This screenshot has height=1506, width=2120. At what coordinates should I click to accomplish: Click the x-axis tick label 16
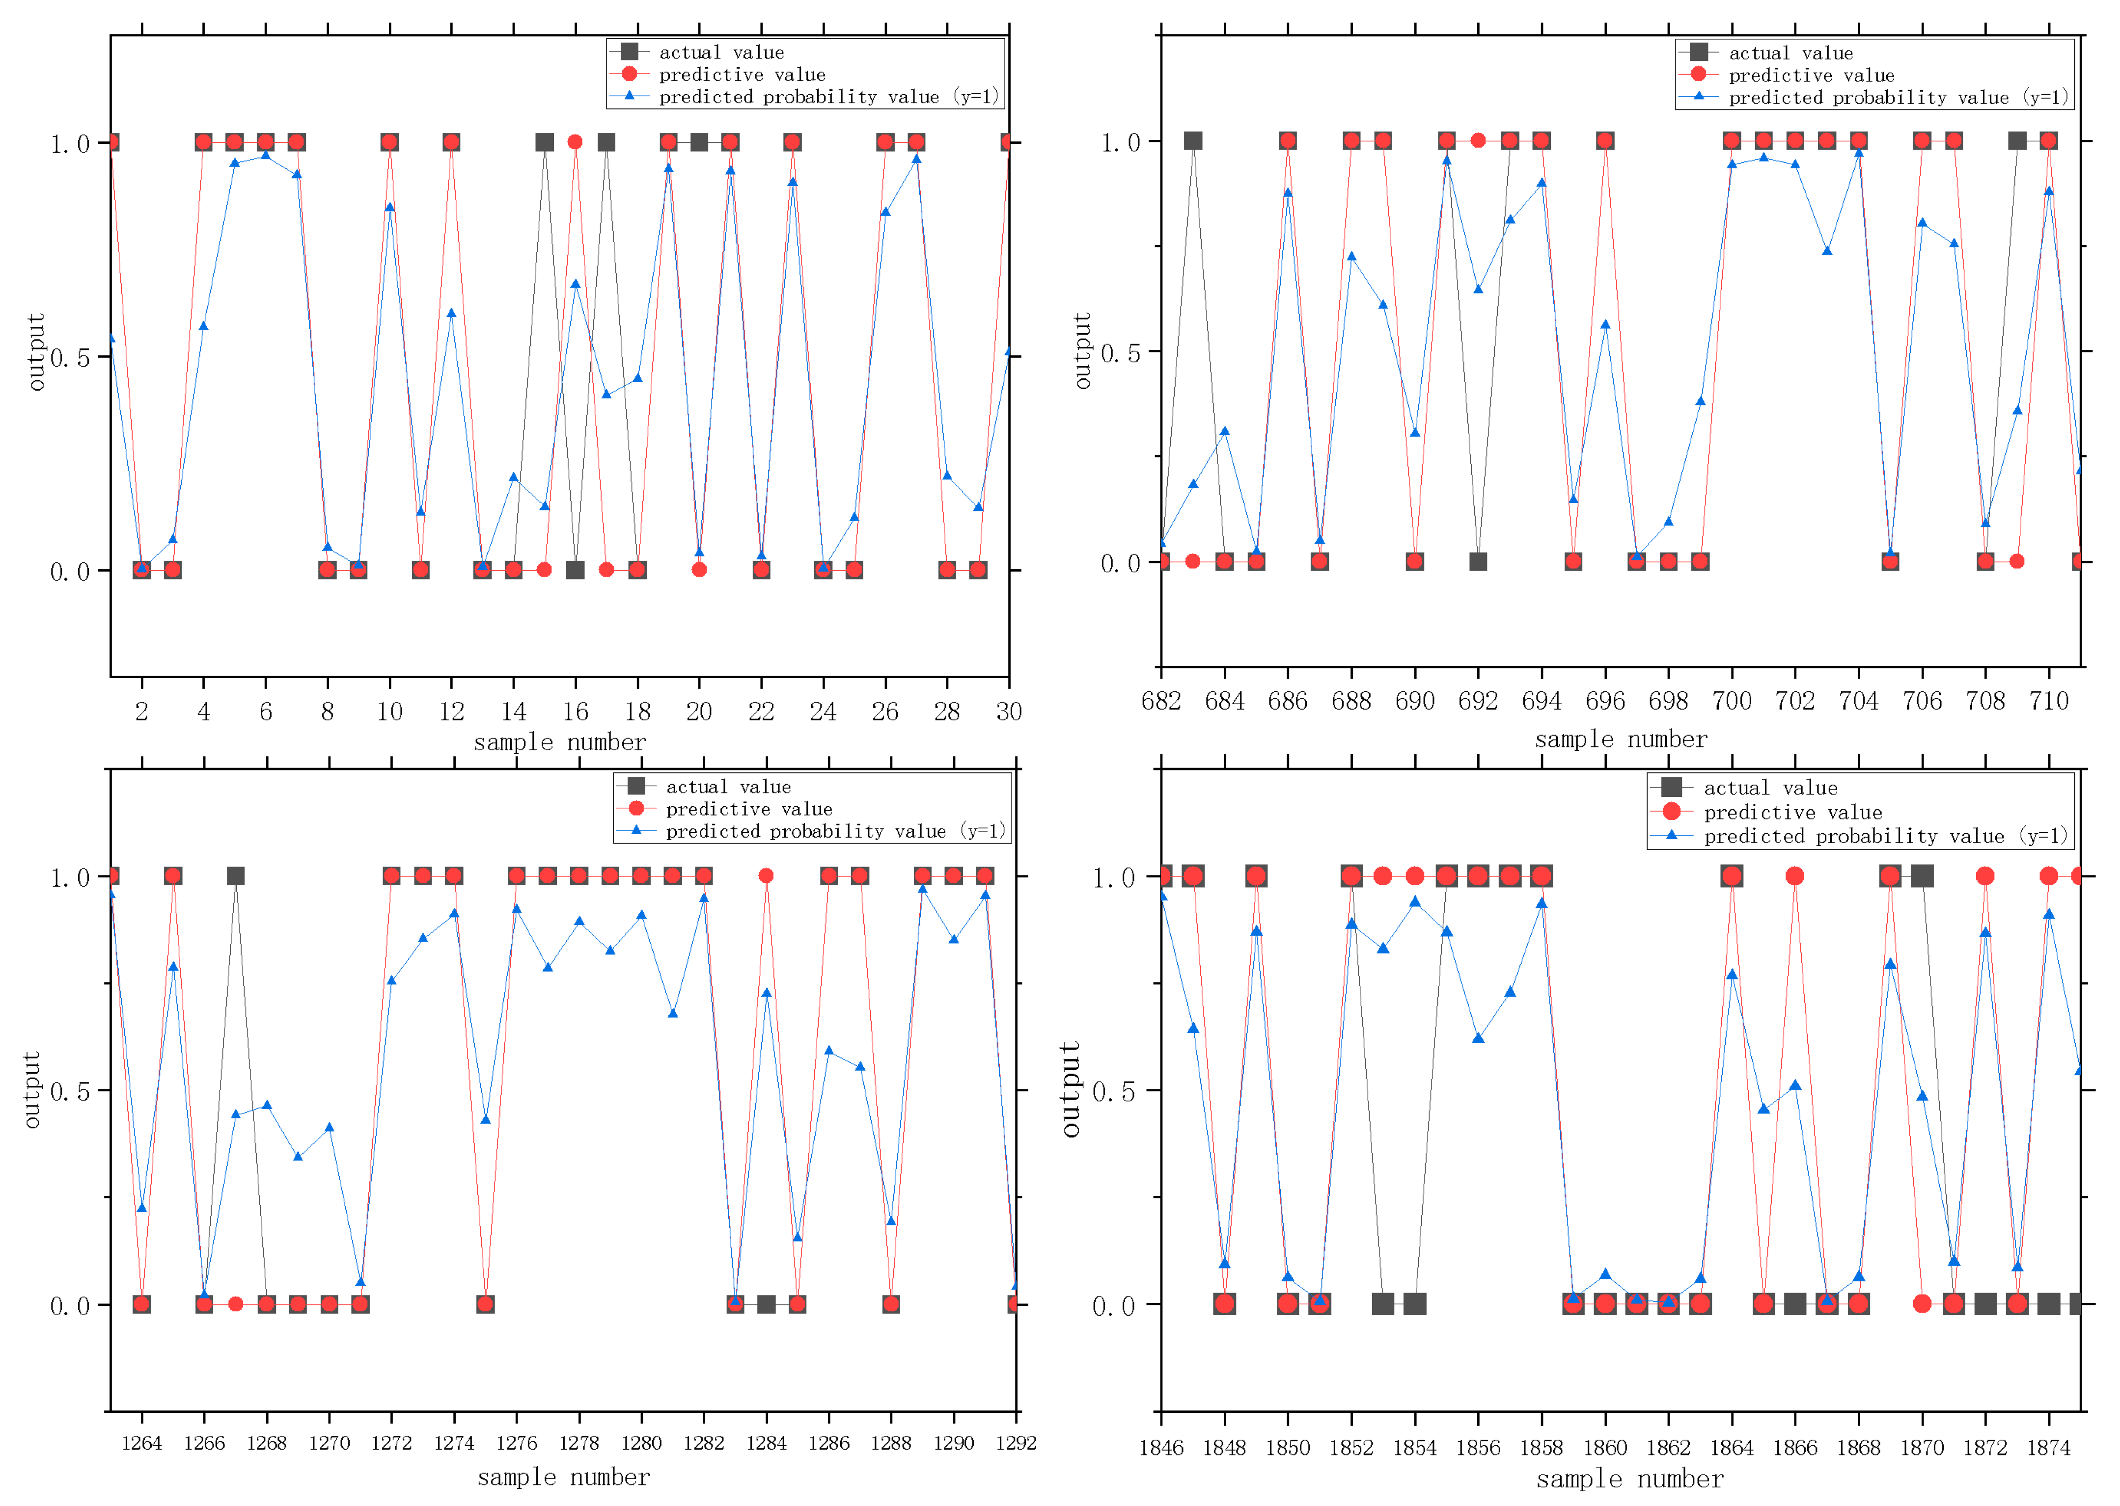pyautogui.click(x=575, y=711)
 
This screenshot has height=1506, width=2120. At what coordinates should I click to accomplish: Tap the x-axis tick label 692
pyautogui.click(x=1478, y=701)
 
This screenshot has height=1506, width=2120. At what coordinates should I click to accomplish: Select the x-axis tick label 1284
pyautogui.click(x=767, y=1443)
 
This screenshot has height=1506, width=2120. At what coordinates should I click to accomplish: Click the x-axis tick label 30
pyautogui.click(x=1009, y=711)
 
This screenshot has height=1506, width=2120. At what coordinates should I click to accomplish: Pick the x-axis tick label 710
pyautogui.click(x=2049, y=701)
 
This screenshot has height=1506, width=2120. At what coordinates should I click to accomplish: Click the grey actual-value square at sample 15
pyautogui.click(x=545, y=142)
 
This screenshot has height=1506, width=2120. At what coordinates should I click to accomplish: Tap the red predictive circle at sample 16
pyautogui.click(x=575, y=142)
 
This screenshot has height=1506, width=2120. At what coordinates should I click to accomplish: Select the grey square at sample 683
pyautogui.click(x=1193, y=141)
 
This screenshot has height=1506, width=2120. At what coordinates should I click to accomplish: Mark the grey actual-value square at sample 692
pyautogui.click(x=1478, y=561)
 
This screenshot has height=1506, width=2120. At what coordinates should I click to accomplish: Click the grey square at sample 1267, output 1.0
pyautogui.click(x=236, y=875)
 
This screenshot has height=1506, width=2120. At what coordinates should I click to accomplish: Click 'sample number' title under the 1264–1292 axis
pyautogui.click(x=563, y=1477)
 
